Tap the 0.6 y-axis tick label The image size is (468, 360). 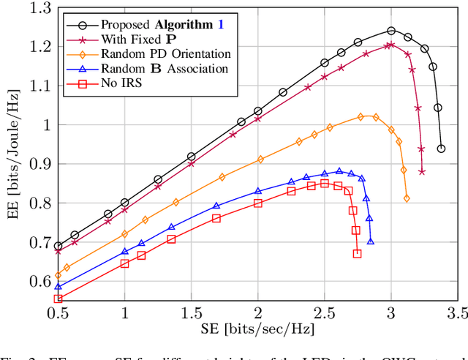click(x=36, y=282)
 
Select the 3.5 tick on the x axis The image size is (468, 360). click(x=458, y=315)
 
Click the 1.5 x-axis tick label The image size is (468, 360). click(x=192, y=315)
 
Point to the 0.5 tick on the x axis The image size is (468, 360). click(x=58, y=315)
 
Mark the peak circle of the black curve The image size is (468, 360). click(x=391, y=31)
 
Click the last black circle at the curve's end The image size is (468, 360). click(x=441, y=149)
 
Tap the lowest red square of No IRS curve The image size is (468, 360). click(x=357, y=254)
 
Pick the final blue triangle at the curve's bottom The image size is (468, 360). click(x=371, y=241)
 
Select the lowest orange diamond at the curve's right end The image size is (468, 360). click(x=407, y=198)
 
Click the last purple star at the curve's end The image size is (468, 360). click(x=422, y=172)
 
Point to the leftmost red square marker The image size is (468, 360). click(x=58, y=299)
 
